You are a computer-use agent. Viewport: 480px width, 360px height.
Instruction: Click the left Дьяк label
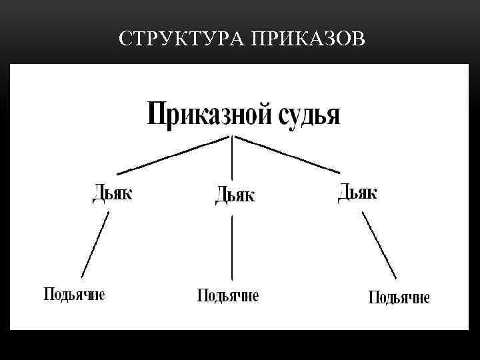[112, 193]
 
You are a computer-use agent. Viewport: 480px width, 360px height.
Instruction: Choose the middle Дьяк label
[235, 195]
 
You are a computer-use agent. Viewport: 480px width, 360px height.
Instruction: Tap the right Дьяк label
[357, 192]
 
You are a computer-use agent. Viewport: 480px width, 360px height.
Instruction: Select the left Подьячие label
[74, 294]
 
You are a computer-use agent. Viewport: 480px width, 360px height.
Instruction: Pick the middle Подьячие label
[228, 295]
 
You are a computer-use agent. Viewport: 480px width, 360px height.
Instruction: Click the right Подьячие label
[399, 297]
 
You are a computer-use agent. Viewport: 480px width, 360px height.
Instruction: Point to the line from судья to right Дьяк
[287, 154]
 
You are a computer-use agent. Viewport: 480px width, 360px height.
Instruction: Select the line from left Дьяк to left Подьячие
[95, 244]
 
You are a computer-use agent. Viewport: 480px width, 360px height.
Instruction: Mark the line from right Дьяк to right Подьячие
[379, 245]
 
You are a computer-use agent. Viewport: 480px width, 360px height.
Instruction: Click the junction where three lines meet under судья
[232, 137]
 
